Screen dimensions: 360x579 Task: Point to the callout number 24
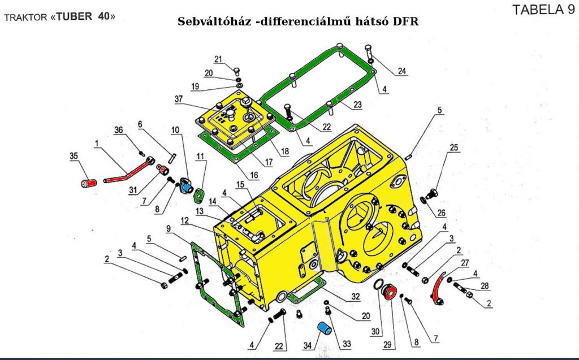click(x=402, y=71)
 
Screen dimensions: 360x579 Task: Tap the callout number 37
click(x=179, y=99)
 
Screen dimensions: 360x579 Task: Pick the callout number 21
click(x=219, y=60)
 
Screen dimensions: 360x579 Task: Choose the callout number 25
click(x=453, y=149)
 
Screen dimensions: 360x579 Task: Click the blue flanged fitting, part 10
click(x=187, y=184)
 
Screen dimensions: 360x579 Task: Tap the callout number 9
click(x=167, y=229)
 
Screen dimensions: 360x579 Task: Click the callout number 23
click(x=357, y=105)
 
